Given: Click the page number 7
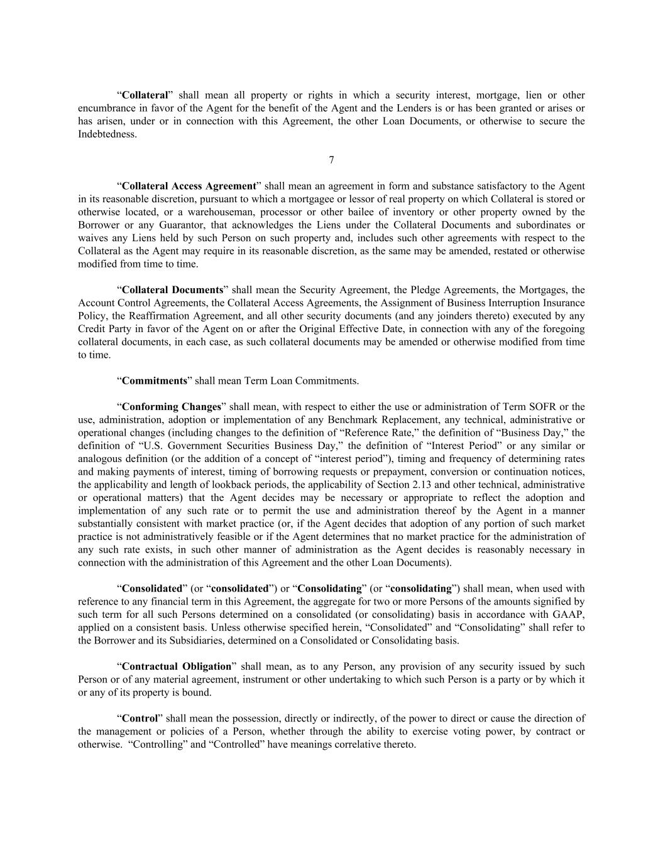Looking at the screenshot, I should [331, 160].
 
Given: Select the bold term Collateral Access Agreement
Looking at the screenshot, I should [189, 186].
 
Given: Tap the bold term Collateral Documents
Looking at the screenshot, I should [172, 290].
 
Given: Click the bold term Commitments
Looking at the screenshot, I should [155, 380].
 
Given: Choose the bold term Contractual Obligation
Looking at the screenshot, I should [177, 666].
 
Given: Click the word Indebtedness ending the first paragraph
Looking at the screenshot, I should [107, 134].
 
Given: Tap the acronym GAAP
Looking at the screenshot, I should [571, 615].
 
